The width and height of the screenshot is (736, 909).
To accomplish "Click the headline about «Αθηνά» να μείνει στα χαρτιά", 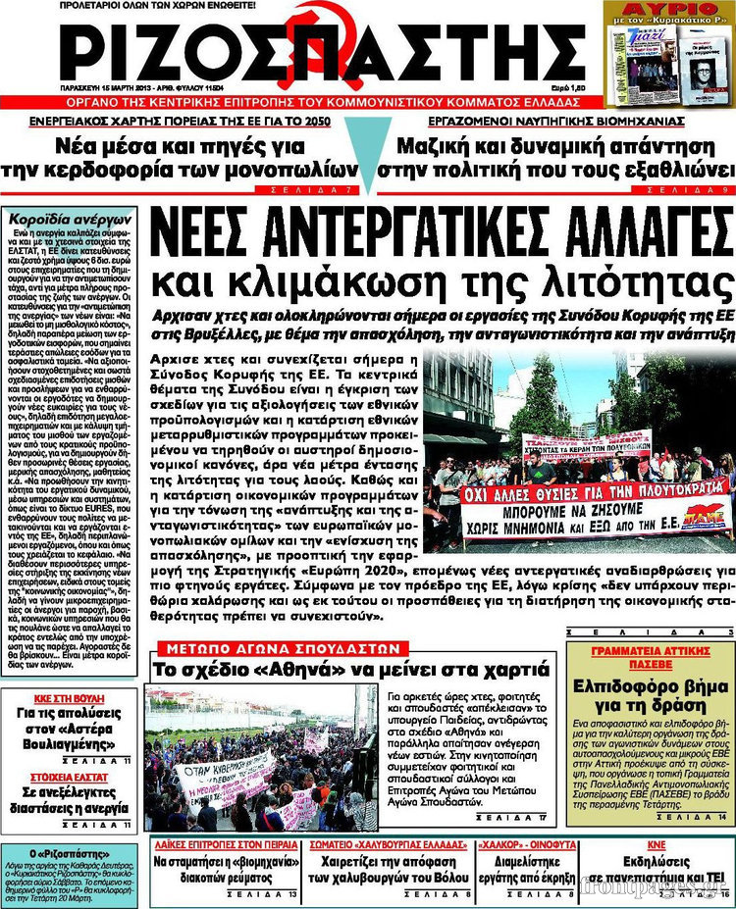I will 350,671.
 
